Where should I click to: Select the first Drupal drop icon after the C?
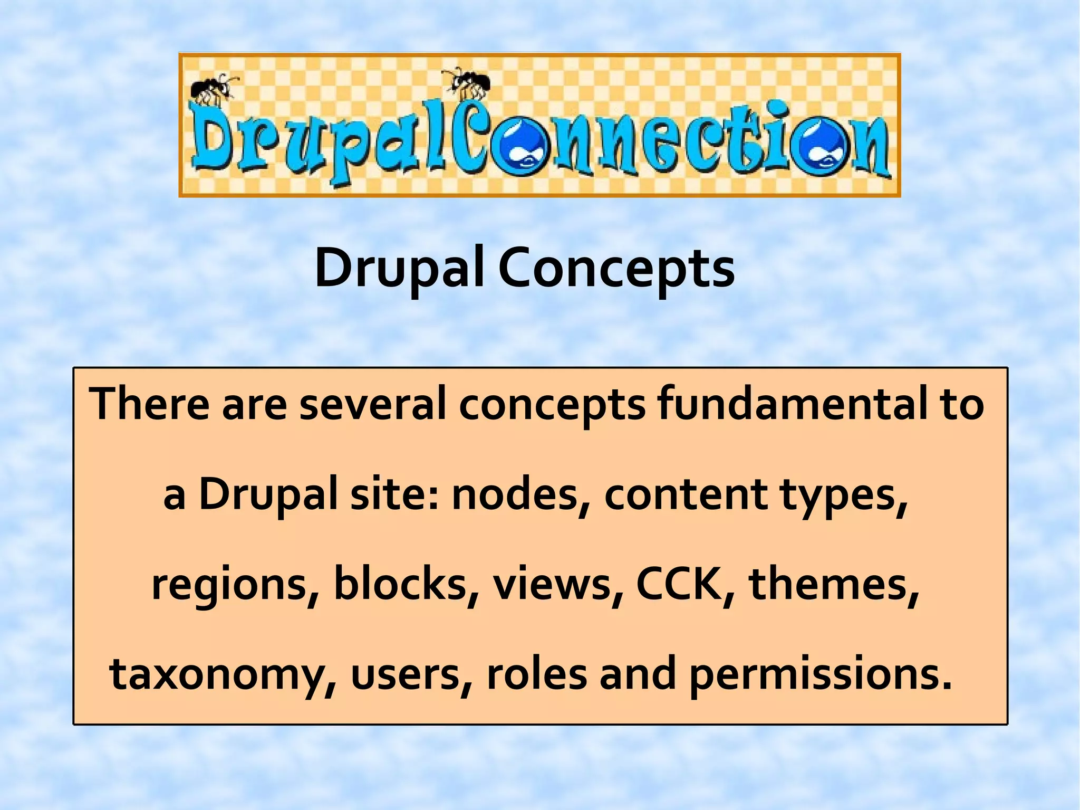(x=525, y=147)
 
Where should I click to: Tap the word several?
(x=373, y=404)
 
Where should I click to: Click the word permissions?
(x=821, y=675)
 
